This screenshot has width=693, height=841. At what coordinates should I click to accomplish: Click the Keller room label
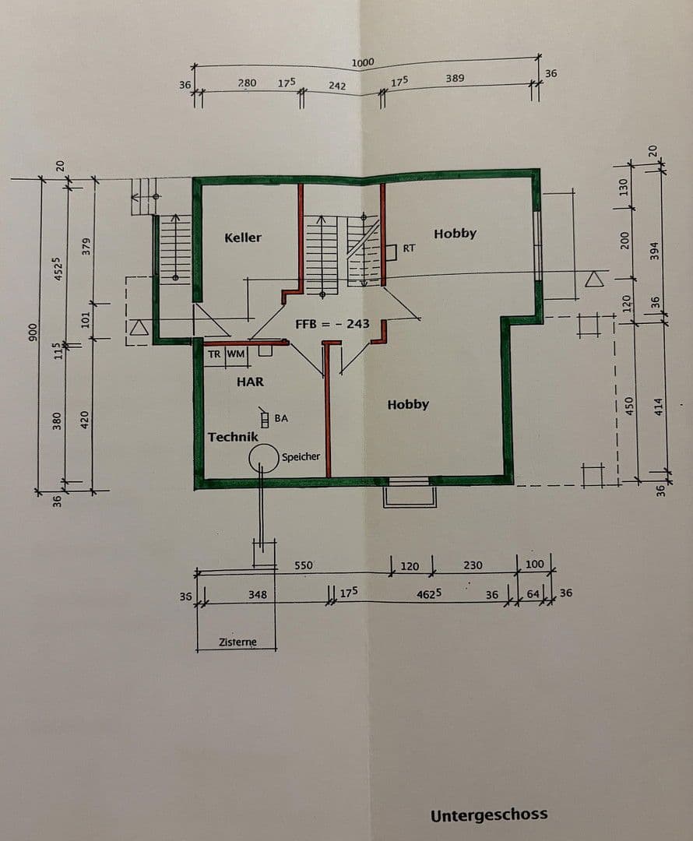(243, 238)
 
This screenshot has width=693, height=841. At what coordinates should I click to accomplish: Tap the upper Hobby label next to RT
(455, 234)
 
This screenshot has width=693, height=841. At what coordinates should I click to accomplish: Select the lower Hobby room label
(408, 404)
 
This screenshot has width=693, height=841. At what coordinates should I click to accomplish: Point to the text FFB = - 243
(332, 324)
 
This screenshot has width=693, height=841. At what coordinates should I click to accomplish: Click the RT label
(409, 248)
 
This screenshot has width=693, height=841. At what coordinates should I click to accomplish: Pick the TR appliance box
(214, 354)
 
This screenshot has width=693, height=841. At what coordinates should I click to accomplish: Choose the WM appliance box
(236, 354)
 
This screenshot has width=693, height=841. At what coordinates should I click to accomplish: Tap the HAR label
(250, 382)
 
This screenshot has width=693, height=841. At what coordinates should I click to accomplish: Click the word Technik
(233, 437)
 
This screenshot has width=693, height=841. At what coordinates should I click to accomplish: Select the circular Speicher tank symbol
(264, 459)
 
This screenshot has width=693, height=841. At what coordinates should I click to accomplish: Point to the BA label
(281, 418)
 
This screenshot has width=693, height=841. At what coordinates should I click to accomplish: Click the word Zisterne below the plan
(237, 642)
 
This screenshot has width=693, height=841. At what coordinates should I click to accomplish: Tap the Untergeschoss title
(489, 815)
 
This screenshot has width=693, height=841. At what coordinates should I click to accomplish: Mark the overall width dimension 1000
(363, 62)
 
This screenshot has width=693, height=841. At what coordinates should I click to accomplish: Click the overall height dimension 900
(33, 333)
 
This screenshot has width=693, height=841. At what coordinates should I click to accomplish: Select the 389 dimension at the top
(456, 78)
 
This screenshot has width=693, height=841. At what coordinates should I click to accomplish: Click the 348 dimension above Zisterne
(258, 594)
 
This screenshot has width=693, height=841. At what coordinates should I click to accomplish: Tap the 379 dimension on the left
(87, 245)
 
